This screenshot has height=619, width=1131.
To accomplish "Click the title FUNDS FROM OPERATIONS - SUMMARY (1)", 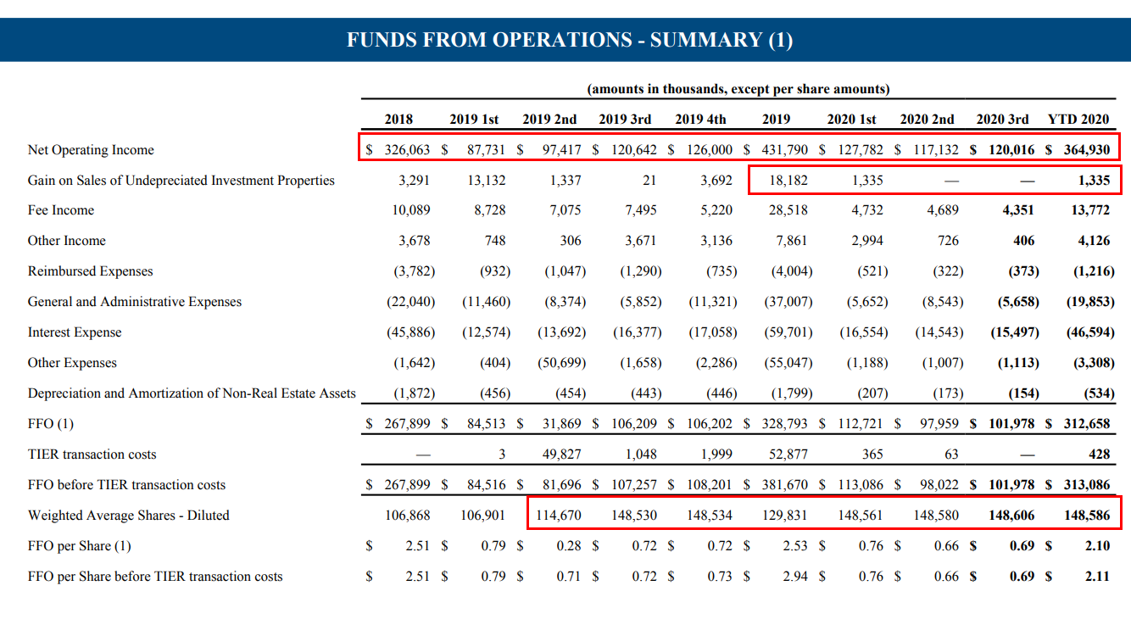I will click(x=570, y=40).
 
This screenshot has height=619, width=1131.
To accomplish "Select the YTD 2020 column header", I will click(x=1078, y=120).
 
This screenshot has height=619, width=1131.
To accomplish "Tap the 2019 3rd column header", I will click(x=625, y=120).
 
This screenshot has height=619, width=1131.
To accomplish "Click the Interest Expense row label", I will click(x=75, y=332).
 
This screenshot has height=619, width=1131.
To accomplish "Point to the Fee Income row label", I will click(x=61, y=210).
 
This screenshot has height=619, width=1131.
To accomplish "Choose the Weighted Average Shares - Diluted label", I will click(x=129, y=516).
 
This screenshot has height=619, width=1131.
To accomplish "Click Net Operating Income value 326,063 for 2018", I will click(x=407, y=150).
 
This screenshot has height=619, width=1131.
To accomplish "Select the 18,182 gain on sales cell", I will click(x=788, y=181).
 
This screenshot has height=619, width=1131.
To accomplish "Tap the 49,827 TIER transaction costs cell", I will click(x=561, y=454).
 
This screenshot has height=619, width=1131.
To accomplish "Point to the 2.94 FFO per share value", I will click(x=795, y=577).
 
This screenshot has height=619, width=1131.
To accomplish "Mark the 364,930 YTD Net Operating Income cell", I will click(x=1086, y=150).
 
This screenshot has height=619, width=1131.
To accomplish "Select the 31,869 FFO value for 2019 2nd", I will click(x=563, y=424).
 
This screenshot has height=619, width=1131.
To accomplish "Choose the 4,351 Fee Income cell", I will click(x=1017, y=210).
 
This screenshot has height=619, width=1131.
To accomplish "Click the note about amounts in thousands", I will click(x=738, y=89).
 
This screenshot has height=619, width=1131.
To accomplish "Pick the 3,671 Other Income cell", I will click(x=640, y=241).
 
